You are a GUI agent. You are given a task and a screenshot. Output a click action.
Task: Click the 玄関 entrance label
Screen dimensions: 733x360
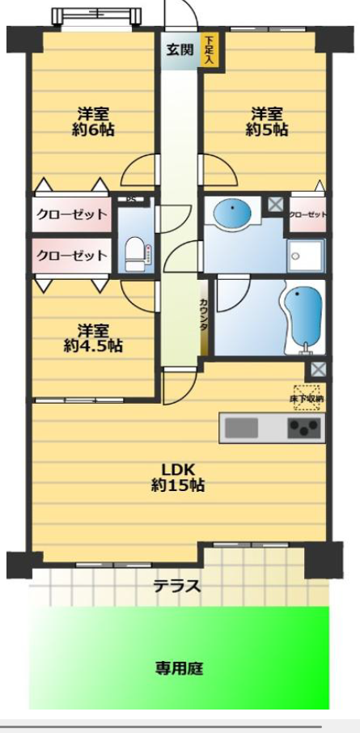click(x=180, y=49)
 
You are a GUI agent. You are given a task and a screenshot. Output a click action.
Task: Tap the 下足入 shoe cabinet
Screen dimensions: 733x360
click(x=210, y=49)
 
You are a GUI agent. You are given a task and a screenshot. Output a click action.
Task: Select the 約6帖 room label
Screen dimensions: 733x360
click(x=93, y=121)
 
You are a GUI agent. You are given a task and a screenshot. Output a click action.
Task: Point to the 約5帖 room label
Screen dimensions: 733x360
click(x=269, y=121)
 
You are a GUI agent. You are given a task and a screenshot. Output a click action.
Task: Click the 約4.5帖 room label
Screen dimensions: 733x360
click(x=93, y=338)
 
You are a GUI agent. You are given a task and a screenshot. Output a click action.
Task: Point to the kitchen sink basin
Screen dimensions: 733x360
click(x=240, y=428)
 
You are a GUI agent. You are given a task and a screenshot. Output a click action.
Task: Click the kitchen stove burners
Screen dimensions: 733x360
click(x=304, y=428)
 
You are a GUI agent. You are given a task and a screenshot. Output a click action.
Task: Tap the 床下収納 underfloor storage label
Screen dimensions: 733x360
click(x=307, y=397)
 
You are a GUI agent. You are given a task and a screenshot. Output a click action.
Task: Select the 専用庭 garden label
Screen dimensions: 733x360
click(x=179, y=669)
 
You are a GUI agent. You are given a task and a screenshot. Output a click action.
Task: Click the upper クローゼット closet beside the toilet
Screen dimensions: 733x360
click(x=71, y=214)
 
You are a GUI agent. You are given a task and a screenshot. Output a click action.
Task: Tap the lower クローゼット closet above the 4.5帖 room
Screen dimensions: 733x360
click(x=71, y=255)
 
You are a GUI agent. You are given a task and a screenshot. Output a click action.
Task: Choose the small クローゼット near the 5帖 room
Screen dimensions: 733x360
click(x=308, y=214)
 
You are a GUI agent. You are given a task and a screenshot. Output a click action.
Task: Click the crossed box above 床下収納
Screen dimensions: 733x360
click(x=316, y=369)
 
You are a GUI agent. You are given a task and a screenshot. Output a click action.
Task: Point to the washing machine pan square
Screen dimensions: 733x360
click(x=306, y=256)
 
